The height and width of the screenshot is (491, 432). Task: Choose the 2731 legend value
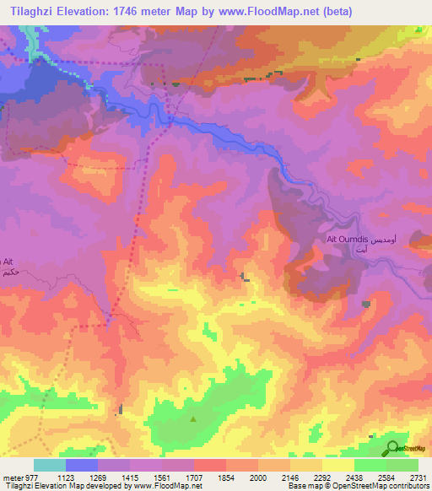coord(418,478)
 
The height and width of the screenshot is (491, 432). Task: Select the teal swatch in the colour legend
coord(50,465)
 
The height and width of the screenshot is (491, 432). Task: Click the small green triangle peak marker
coord(194,418)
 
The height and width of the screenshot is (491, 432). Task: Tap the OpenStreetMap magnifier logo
coord(392,447)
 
